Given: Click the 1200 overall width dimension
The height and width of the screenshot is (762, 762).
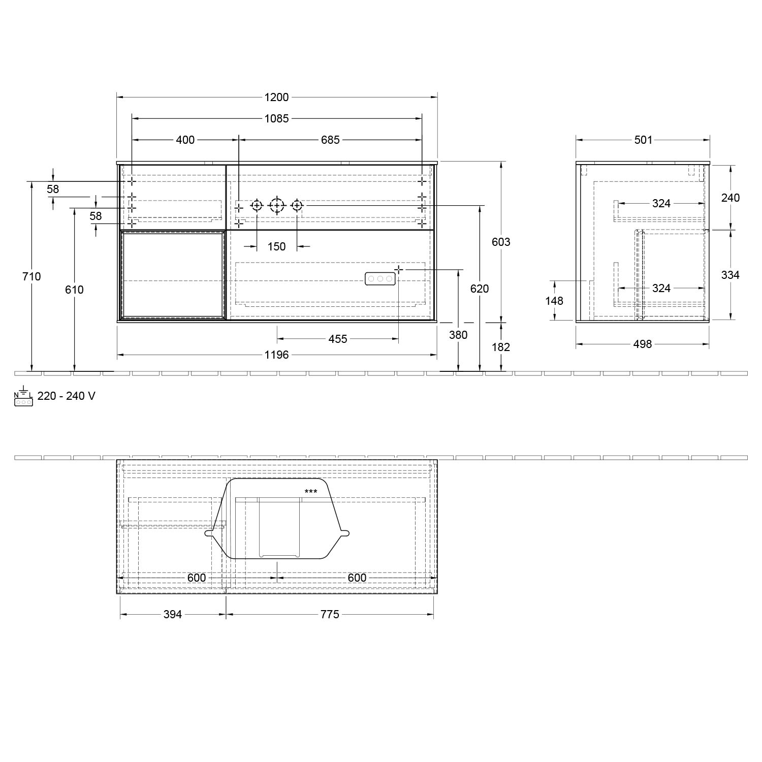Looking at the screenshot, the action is pos(276,97).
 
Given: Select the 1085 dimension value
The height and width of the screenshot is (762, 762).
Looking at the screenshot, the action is pos(276,118).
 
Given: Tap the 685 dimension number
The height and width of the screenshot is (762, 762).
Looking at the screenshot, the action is pos(330,139).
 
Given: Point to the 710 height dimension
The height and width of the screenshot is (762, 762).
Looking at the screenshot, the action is pos(31,276).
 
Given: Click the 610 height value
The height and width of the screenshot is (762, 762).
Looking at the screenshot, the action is pos(74,290).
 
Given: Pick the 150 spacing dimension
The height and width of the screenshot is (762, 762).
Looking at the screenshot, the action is pos(276,246).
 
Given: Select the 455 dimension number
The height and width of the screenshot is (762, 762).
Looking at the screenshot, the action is pos(337,339).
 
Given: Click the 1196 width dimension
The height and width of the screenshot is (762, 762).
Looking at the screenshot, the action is pos(276,355).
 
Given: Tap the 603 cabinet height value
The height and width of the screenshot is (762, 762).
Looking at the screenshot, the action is pos(501,242).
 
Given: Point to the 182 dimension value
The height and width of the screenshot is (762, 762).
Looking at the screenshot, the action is pos(501,347).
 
